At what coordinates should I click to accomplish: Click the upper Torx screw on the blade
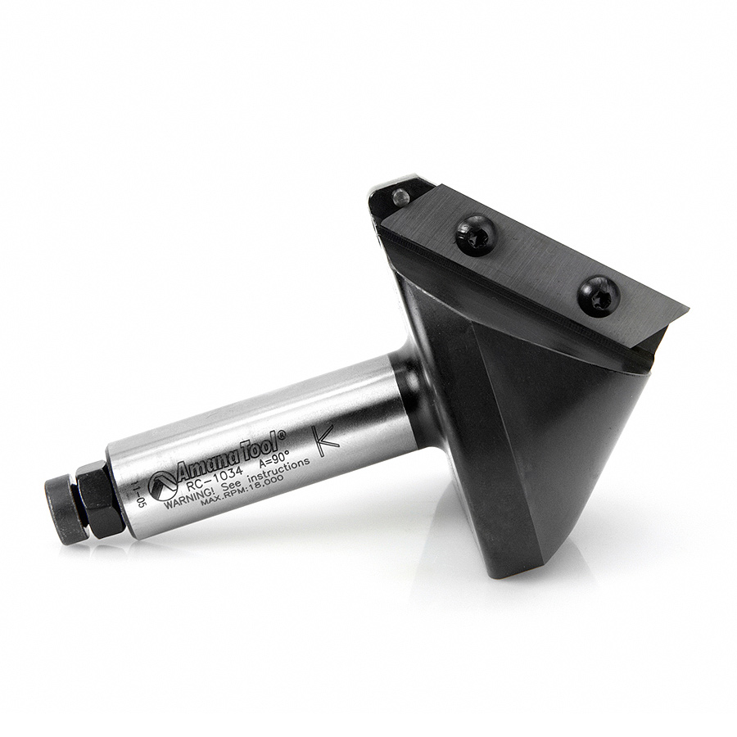[476, 235]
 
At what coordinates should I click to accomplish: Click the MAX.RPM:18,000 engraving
[239, 492]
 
